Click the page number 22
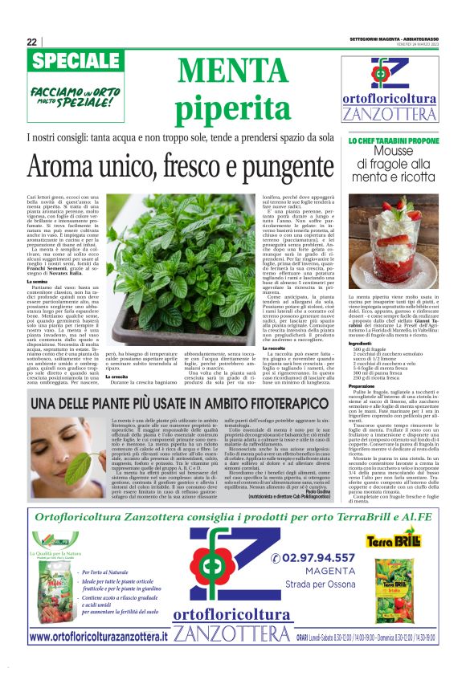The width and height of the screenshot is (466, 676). [x=32, y=42]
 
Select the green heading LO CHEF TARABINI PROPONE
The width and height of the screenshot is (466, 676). [x=394, y=140]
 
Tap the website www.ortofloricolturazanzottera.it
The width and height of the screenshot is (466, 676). [x=99, y=637]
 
